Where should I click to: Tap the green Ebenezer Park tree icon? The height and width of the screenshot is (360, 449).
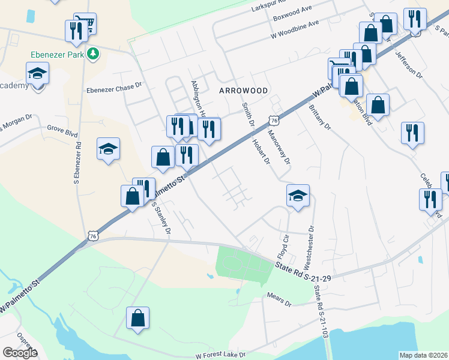[x=92, y=55]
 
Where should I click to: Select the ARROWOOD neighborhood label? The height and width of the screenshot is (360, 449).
[x=243, y=90]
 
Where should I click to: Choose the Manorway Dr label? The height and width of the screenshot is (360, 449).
[x=280, y=148]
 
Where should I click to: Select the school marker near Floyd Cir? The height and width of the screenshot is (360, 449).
[x=298, y=196]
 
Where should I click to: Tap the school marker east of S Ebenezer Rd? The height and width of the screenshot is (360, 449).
[x=109, y=149]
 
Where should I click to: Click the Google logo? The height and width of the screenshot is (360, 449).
[x=20, y=353]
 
